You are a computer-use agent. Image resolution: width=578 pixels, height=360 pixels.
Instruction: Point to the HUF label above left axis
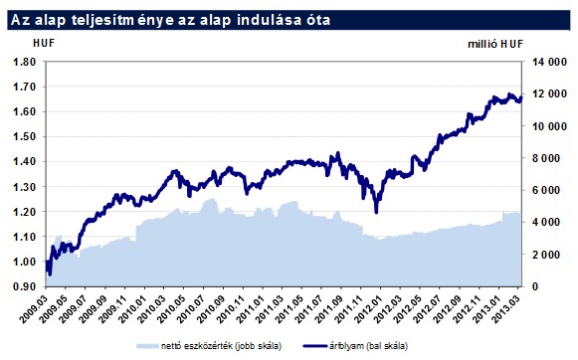click(44, 43)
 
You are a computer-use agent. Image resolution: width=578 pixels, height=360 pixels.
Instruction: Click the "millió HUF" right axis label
click(494, 43)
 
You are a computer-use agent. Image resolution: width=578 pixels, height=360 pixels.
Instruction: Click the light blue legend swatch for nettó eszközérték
click(146, 345)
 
